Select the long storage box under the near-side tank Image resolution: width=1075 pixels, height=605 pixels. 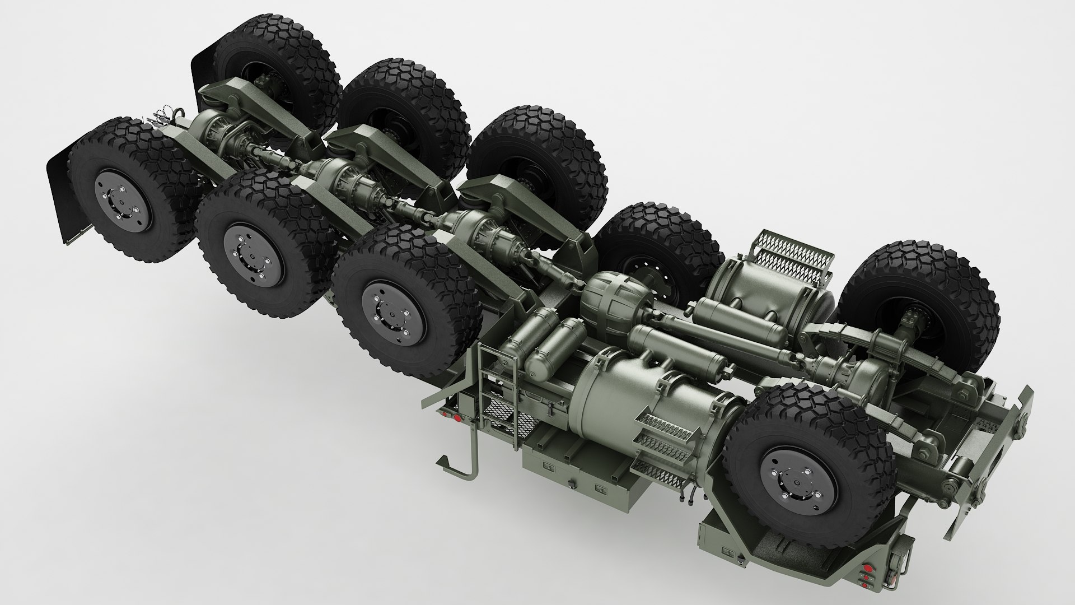coord(577,471)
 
